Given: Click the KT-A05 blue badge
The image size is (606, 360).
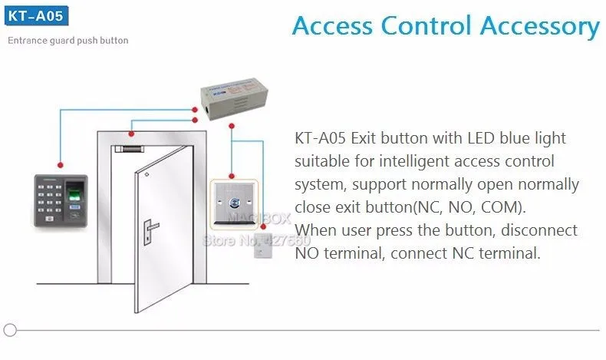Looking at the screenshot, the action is pyautogui.click(x=36, y=16).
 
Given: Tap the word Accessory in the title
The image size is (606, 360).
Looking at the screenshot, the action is pyautogui.click(x=539, y=26).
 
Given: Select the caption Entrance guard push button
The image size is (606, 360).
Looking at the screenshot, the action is pyautogui.click(x=68, y=40).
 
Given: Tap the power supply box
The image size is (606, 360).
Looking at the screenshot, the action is pyautogui.click(x=234, y=98).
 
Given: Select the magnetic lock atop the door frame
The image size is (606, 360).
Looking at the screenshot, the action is pyautogui.click(x=128, y=149).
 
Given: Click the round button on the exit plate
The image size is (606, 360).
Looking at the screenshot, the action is pyautogui.click(x=234, y=202).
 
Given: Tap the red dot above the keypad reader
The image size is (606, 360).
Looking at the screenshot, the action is pyautogui.click(x=61, y=165).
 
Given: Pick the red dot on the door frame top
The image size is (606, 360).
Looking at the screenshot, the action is pyautogui.click(x=131, y=134).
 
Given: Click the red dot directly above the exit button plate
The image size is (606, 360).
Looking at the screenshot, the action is pyautogui.click(x=232, y=177).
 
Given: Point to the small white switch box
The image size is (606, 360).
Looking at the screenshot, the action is pyautogui.click(x=263, y=245).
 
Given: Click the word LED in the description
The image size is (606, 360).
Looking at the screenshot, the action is pyautogui.click(x=481, y=138).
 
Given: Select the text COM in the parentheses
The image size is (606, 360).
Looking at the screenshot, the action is pyautogui.click(x=501, y=207).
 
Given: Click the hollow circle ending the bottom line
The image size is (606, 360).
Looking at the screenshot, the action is pyautogui.click(x=10, y=330).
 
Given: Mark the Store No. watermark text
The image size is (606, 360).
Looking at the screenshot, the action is pyautogui.click(x=257, y=241).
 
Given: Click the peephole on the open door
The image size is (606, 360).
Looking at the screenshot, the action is pyautogui.click(x=147, y=175).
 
